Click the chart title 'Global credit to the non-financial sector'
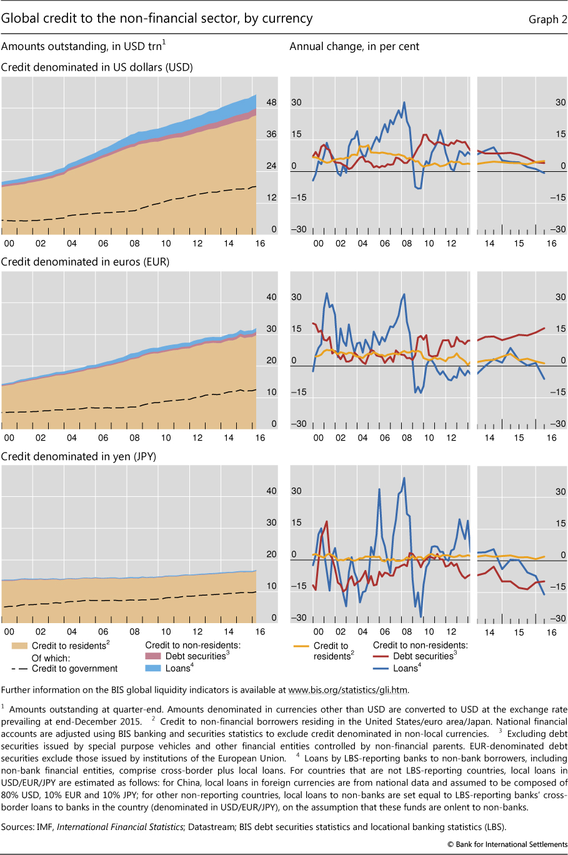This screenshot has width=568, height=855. tap(156, 18)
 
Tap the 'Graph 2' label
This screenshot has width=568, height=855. tap(547, 19)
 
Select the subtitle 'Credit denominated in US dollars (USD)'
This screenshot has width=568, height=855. tap(97, 67)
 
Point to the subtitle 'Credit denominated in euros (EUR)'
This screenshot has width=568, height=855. tap(85, 262)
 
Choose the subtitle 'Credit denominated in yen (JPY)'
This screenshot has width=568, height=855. tap(79, 456)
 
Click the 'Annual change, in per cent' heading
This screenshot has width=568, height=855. tap(354, 46)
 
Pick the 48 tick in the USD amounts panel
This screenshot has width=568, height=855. tap(271, 102)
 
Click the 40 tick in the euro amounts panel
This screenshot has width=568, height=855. tap(271, 297)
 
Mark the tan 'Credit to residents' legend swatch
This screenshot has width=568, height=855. tap(19, 646)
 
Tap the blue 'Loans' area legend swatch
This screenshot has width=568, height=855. tap(153, 668)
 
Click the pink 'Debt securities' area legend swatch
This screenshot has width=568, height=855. tap(153, 656)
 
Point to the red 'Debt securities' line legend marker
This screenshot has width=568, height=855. tap(381, 656)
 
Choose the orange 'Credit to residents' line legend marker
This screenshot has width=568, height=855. tap(301, 646)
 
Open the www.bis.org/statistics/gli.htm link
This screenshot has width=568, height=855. tap(347, 690)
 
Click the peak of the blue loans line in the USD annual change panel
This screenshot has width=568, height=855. tap(404, 102)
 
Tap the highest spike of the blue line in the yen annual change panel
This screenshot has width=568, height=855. tap(404, 478)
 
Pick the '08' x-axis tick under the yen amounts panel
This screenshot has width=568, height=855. tap(134, 631)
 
